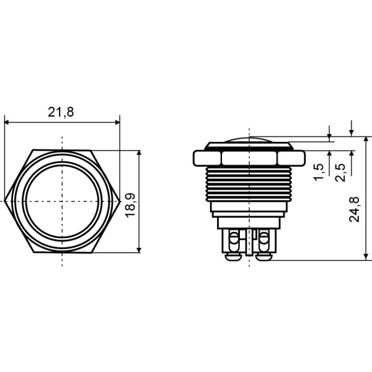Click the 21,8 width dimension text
[61, 112]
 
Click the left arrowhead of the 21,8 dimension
[7, 123]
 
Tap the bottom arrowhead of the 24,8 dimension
[365, 256]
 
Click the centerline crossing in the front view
[62, 201]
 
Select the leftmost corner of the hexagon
[5, 201]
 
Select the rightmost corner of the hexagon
[120, 201]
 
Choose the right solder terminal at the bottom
[263, 245]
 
